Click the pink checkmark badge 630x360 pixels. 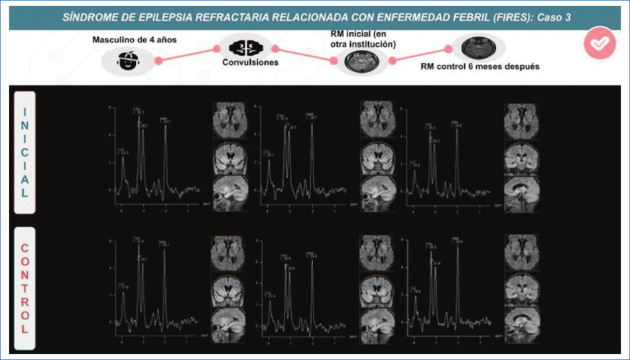point(599,44)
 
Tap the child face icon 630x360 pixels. point(125,61)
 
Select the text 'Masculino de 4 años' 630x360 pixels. point(135,40)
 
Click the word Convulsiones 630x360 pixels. point(250,64)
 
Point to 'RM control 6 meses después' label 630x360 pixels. point(479,66)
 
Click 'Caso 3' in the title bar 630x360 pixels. point(554,18)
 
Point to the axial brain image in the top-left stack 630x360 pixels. point(229,120)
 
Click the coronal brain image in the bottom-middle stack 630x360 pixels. point(377,288)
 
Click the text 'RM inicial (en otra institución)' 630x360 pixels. point(363,39)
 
